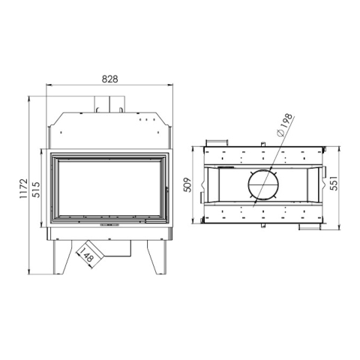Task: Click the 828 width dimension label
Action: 109,79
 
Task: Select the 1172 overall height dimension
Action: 24,188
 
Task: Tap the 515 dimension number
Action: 36,190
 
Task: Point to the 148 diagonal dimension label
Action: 87,254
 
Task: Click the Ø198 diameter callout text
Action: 285,124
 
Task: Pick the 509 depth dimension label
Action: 187,184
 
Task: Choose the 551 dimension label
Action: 334,183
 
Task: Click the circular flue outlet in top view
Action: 263,184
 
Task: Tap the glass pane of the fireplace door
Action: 109,188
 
